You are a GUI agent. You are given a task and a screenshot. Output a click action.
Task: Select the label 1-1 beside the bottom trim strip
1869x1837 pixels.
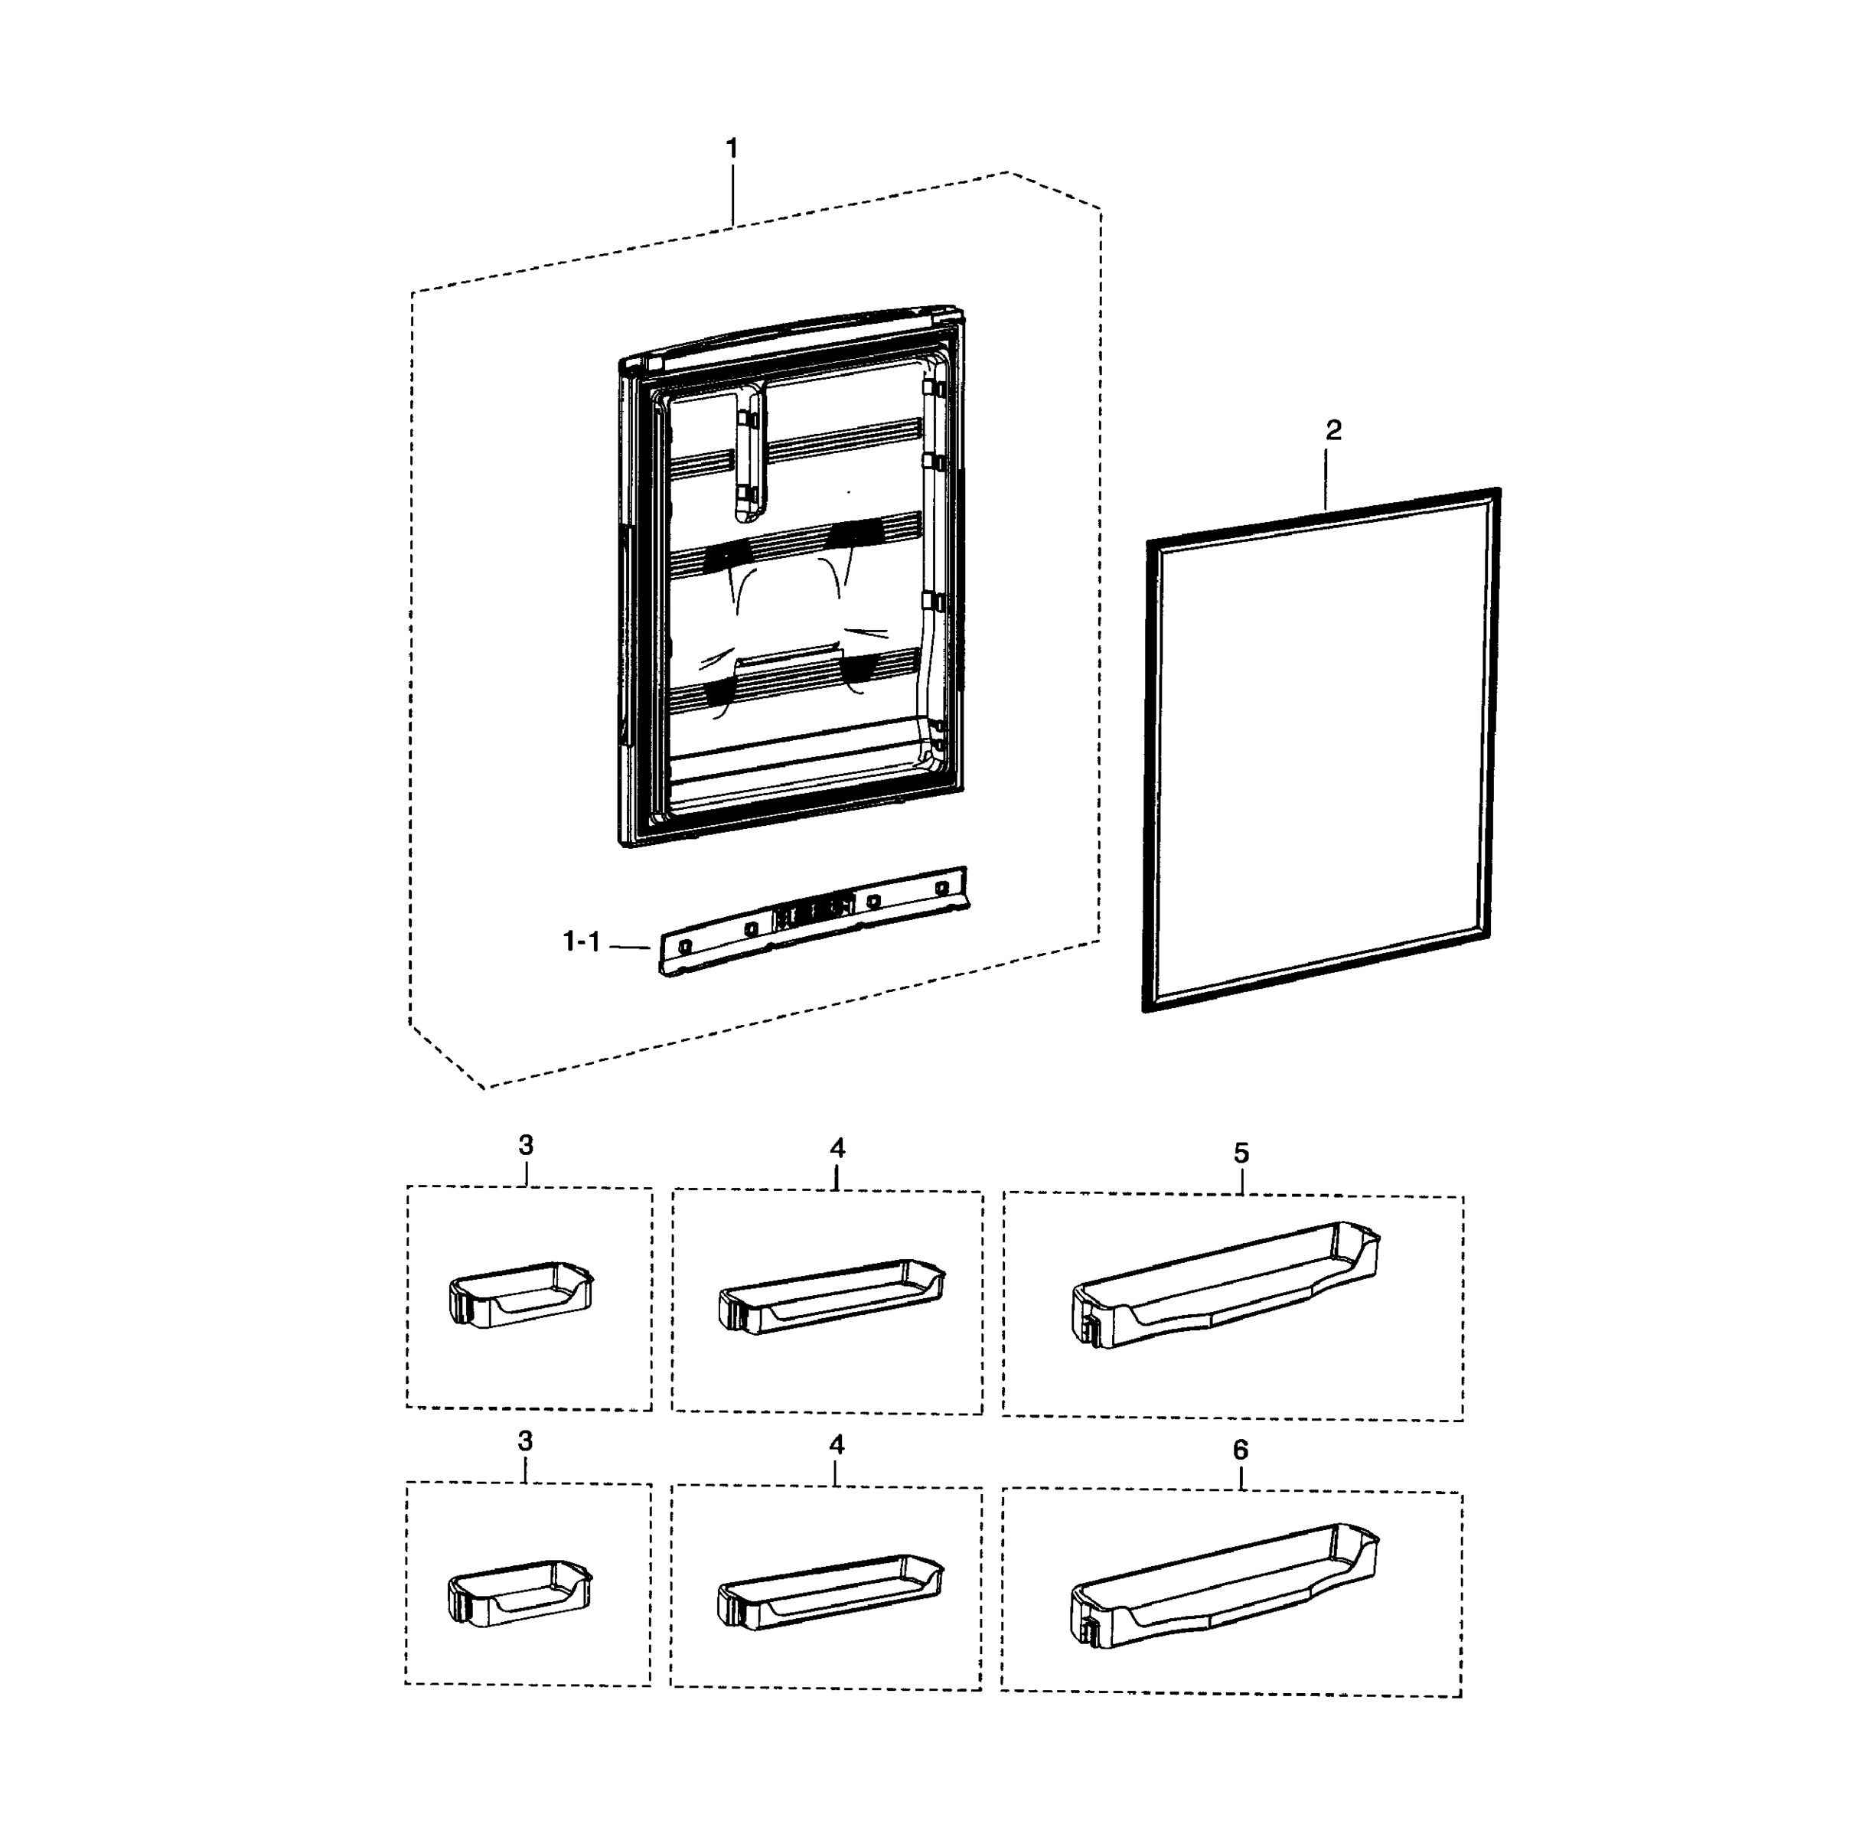coord(581,941)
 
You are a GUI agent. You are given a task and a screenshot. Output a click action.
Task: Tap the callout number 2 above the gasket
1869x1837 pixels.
coord(1332,430)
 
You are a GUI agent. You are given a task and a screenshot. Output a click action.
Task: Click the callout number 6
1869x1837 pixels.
coord(1240,1450)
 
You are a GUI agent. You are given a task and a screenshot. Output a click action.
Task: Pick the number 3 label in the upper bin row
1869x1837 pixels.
coord(526,1145)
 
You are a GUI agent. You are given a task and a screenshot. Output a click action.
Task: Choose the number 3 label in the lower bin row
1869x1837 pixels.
coord(525,1441)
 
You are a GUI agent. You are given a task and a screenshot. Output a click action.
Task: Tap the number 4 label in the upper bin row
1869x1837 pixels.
coord(837,1148)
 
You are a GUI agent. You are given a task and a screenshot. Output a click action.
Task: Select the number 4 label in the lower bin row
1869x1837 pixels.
coord(836,1445)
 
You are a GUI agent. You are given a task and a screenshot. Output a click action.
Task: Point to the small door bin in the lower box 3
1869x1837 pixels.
coord(520,1591)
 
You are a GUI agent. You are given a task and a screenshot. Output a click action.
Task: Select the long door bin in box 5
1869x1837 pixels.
coord(1225,1285)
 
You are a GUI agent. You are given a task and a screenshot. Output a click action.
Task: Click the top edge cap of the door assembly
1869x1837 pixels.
coord(791,337)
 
